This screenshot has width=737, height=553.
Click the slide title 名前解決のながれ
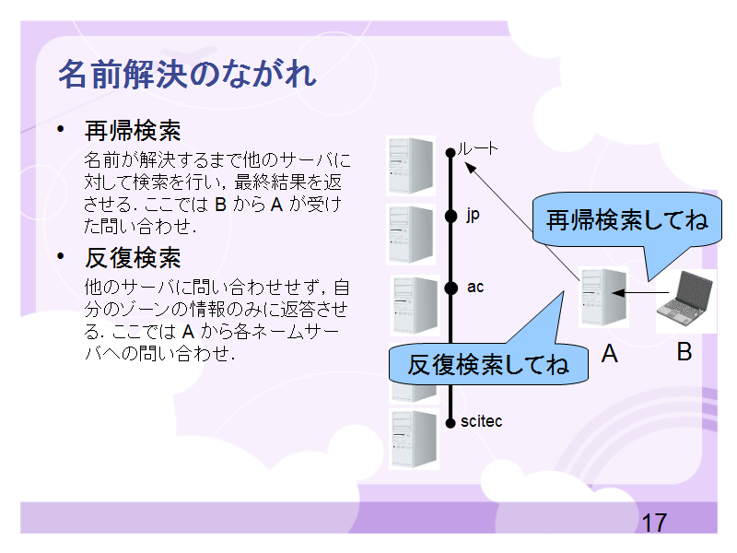(188, 75)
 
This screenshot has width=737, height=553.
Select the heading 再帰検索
(133, 131)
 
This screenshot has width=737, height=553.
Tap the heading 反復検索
(133, 258)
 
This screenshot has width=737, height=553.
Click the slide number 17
(654, 523)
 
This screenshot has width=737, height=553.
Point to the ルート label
(477, 148)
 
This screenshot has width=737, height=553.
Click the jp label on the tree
(473, 215)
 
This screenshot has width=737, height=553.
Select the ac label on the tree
(475, 287)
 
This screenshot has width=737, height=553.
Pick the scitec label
(481, 421)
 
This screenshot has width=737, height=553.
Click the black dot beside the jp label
(450, 216)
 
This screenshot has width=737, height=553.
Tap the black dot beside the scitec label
(450, 423)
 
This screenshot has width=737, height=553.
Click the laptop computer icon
(685, 298)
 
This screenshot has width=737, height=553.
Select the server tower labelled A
(603, 297)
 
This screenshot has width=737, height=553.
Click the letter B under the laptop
(684, 352)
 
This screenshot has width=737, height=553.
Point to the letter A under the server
(610, 353)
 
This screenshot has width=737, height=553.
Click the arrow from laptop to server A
(640, 293)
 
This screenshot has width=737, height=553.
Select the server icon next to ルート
(411, 166)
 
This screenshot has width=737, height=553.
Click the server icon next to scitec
(414, 439)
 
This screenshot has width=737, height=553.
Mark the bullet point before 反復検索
(61, 256)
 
